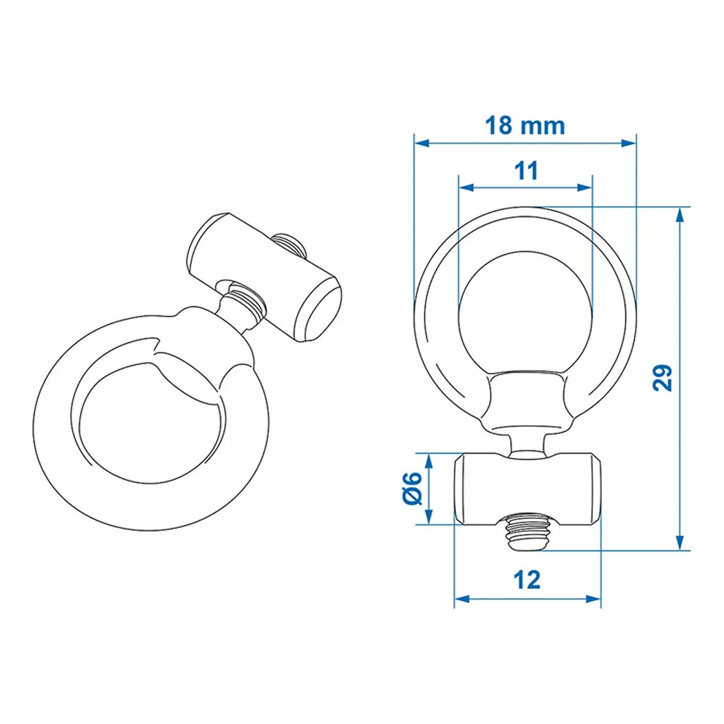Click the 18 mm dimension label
coord(525,126)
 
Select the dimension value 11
coord(526,171)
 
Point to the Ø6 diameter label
coord(412,489)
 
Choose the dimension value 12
coord(527,580)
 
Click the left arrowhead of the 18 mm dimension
coord(422,143)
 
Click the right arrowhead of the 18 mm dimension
coord(629,143)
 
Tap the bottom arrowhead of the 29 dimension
coord(679,542)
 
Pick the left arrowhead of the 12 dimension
coord(462,599)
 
